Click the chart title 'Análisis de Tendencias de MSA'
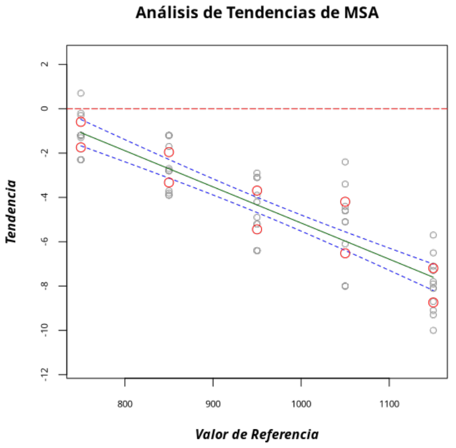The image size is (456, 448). [x=257, y=13]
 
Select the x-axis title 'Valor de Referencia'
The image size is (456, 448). [x=257, y=434]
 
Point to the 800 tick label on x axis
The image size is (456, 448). [x=125, y=403]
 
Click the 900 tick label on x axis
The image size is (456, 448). [x=213, y=403]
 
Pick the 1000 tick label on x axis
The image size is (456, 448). [x=301, y=403]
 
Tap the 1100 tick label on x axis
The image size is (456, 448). [x=389, y=403]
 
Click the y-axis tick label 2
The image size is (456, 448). [x=44, y=64]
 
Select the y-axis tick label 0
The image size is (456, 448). [x=44, y=108]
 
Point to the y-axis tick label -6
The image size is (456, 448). [x=44, y=241]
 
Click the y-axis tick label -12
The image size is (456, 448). [x=44, y=374]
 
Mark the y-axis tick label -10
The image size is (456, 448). [x=44, y=330]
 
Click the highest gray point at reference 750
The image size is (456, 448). [x=81, y=93]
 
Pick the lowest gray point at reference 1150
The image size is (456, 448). [x=433, y=330]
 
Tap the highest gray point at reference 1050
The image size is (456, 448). [x=345, y=161]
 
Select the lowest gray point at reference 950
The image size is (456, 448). [x=257, y=250]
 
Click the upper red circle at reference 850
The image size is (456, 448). [x=169, y=153]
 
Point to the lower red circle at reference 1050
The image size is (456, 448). [x=345, y=253]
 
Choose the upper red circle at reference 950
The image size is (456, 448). [x=257, y=191]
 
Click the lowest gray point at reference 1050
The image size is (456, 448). [x=345, y=286]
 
